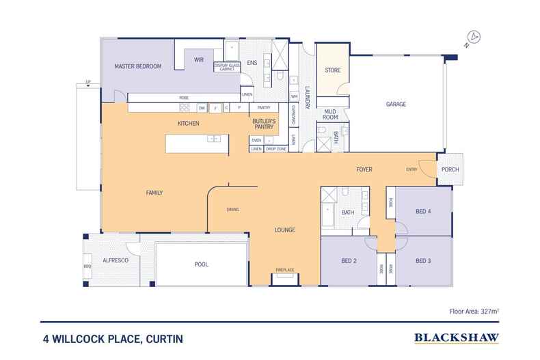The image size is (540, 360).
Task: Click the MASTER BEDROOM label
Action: [x=137, y=66]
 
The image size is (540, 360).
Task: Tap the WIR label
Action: [x=199, y=60]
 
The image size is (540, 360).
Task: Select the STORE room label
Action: [x=332, y=70]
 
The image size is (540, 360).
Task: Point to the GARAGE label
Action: [x=396, y=105]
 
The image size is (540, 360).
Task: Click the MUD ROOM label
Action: [x=330, y=115]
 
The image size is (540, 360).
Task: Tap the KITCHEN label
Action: [x=188, y=124]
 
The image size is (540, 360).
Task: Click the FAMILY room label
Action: [x=154, y=193]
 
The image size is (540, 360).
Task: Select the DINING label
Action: [x=233, y=209]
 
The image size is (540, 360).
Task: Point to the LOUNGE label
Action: [x=285, y=230]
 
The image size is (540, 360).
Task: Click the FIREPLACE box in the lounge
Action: [x=284, y=270]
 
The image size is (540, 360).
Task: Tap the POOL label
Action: [x=201, y=264]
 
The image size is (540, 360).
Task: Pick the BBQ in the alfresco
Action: [x=87, y=266]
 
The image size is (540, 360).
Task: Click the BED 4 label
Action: [x=423, y=212]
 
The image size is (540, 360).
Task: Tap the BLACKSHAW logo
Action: [x=456, y=337]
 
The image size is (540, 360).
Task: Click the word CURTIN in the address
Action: [x=163, y=337]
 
